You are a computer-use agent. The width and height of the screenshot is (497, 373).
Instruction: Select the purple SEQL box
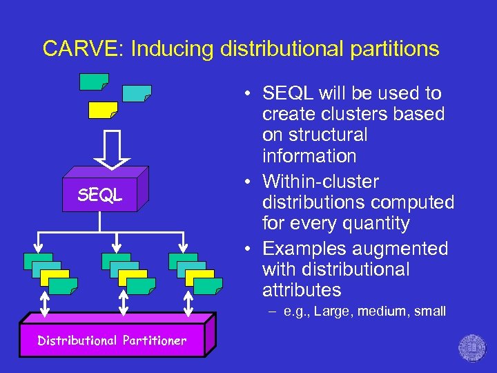pyautogui.click(x=100, y=195)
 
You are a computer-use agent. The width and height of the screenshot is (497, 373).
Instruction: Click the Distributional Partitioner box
pyautogui.click(x=112, y=341)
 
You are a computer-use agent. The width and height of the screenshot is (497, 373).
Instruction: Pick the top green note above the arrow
pyautogui.click(x=94, y=82)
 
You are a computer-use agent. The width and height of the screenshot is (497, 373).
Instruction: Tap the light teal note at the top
pyautogui.click(x=137, y=93)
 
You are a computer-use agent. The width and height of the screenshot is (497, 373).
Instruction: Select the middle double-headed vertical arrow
pyautogui.click(x=124, y=303)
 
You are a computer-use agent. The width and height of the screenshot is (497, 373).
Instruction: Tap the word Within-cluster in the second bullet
pyautogui.click(x=321, y=182)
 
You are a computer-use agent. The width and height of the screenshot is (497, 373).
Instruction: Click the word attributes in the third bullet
pyautogui.click(x=302, y=289)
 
